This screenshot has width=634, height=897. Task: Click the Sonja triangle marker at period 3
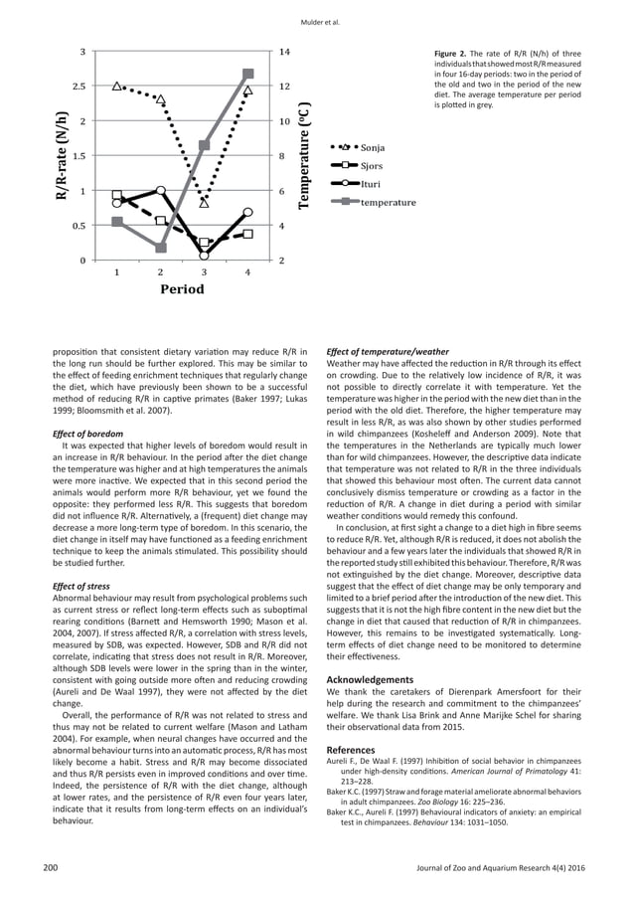204,203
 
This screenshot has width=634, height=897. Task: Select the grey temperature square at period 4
248,74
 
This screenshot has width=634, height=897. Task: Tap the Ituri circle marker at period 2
161,190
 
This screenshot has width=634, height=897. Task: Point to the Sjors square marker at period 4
248,234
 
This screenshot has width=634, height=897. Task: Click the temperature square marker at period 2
161,248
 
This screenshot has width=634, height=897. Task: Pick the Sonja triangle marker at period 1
118,88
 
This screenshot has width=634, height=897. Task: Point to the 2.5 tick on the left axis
78,87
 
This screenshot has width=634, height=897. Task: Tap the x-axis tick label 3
204,271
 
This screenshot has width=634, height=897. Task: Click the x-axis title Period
182,289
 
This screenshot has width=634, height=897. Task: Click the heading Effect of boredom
87,434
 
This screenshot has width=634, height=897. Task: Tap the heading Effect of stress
80,587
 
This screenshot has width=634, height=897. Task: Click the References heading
351,776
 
